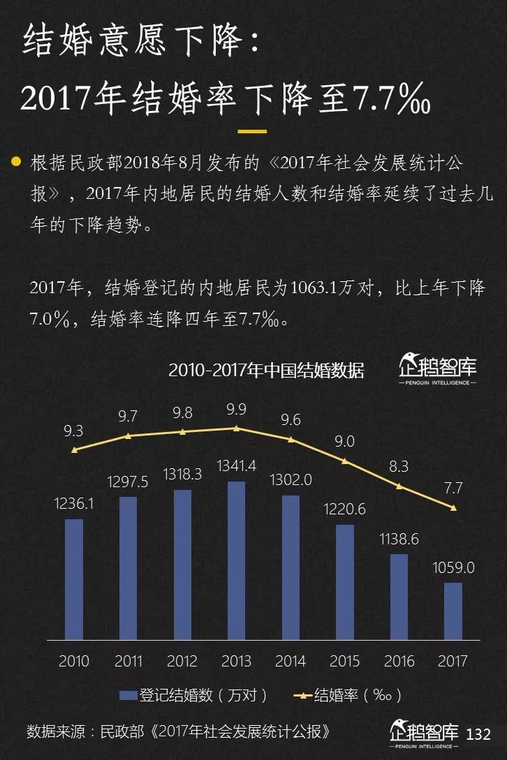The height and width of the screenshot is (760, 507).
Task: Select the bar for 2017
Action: (x=453, y=611)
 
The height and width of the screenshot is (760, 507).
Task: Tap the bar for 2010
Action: (x=74, y=579)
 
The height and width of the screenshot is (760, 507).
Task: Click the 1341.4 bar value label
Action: (x=237, y=465)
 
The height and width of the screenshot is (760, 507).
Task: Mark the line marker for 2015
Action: (x=345, y=461)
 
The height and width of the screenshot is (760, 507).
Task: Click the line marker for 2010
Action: (x=74, y=449)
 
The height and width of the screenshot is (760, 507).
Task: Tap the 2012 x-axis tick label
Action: (x=182, y=660)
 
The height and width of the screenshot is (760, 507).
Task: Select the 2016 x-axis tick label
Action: (x=399, y=660)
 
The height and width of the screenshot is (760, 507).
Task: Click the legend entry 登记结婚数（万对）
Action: (x=193, y=695)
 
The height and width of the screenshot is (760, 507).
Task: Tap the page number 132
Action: (x=478, y=734)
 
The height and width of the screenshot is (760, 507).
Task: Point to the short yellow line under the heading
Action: (x=252, y=131)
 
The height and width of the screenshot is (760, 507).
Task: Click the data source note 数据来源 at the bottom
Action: (x=178, y=732)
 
